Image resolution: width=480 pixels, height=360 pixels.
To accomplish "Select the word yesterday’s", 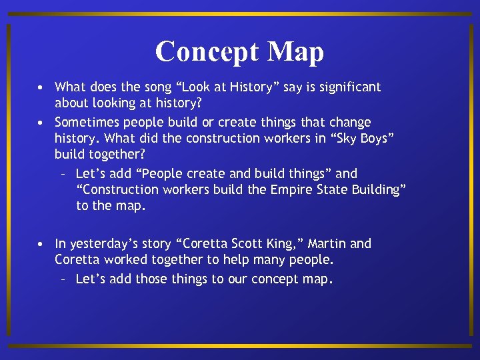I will point(101,244).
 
